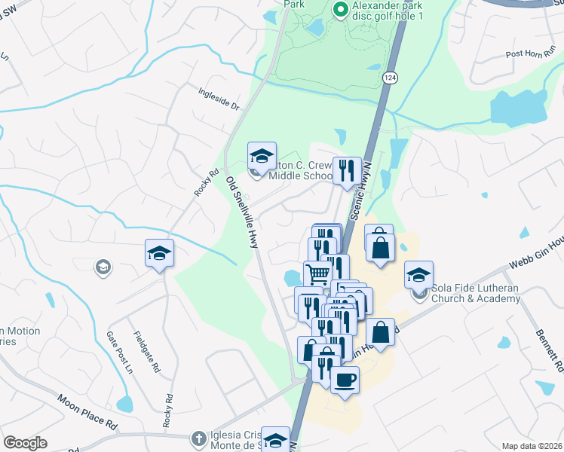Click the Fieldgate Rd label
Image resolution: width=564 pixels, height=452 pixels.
click(x=147, y=353)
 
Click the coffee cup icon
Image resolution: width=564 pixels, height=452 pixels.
click(x=345, y=380)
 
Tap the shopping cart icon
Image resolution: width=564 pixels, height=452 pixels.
click(x=318, y=273)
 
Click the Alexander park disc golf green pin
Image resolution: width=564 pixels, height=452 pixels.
click(x=340, y=11)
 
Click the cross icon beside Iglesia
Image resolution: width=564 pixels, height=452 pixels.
click(x=198, y=438)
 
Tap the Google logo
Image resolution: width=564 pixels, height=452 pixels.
click(x=26, y=443)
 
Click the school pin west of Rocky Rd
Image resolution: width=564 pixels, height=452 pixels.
click(x=159, y=253)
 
